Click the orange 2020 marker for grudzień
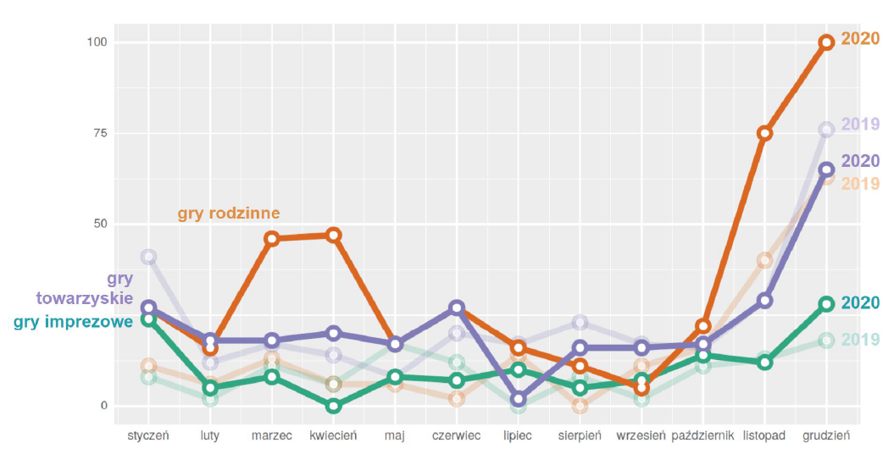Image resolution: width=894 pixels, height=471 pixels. pyautogui.click(x=826, y=42)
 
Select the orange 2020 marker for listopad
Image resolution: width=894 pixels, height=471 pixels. pyautogui.click(x=764, y=133)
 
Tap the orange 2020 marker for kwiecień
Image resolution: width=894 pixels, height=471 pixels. pyautogui.click(x=334, y=235)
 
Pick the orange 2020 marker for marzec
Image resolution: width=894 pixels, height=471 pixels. pyautogui.click(x=272, y=239)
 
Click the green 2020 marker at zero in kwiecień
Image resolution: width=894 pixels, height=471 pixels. pyautogui.click(x=334, y=406)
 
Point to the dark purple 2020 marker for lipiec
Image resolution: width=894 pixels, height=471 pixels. pyautogui.click(x=519, y=399)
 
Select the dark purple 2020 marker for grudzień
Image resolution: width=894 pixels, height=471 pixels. pyautogui.click(x=826, y=169)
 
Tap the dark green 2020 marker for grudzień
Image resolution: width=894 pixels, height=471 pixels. pyautogui.click(x=826, y=304)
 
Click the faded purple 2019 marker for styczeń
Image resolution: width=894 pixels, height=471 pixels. pyautogui.click(x=149, y=257)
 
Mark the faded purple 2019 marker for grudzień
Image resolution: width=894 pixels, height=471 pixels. pyautogui.click(x=826, y=130)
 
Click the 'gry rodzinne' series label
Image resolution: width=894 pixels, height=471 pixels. pyautogui.click(x=229, y=213)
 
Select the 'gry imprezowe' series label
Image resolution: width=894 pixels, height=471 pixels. pyautogui.click(x=73, y=322)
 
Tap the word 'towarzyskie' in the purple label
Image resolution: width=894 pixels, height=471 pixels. pyautogui.click(x=84, y=299)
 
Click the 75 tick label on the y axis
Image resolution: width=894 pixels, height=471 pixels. pyautogui.click(x=100, y=133)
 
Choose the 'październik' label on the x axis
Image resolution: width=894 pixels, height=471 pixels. pyautogui.click(x=702, y=436)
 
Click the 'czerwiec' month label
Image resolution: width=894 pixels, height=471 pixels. pyautogui.click(x=456, y=436)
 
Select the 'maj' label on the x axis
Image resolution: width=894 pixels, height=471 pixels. pyautogui.click(x=395, y=436)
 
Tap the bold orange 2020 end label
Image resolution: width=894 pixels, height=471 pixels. pyautogui.click(x=860, y=40)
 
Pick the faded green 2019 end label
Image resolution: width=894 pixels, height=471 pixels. pyautogui.click(x=860, y=340)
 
